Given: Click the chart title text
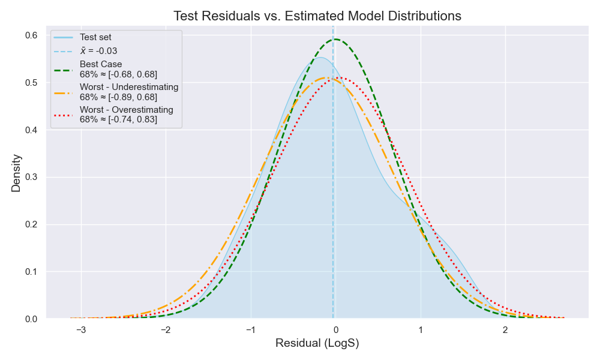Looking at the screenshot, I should [317, 16].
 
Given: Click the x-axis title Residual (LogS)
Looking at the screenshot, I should [317, 344].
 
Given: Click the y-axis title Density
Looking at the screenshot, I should [16, 173].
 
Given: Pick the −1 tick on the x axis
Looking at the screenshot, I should [250, 330].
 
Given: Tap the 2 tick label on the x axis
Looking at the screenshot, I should [505, 330].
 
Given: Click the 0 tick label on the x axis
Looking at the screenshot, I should [335, 330].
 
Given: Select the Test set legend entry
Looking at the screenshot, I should [95, 37].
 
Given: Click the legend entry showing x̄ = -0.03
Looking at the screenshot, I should [98, 51].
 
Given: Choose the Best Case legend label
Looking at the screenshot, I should [101, 64].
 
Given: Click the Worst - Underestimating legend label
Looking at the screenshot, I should [129, 87].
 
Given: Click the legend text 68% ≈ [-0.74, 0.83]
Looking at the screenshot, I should [118, 119].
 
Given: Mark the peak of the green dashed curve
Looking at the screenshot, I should [335, 40].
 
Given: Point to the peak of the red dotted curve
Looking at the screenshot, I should [340, 77].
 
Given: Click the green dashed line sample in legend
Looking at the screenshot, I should [64, 69].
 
